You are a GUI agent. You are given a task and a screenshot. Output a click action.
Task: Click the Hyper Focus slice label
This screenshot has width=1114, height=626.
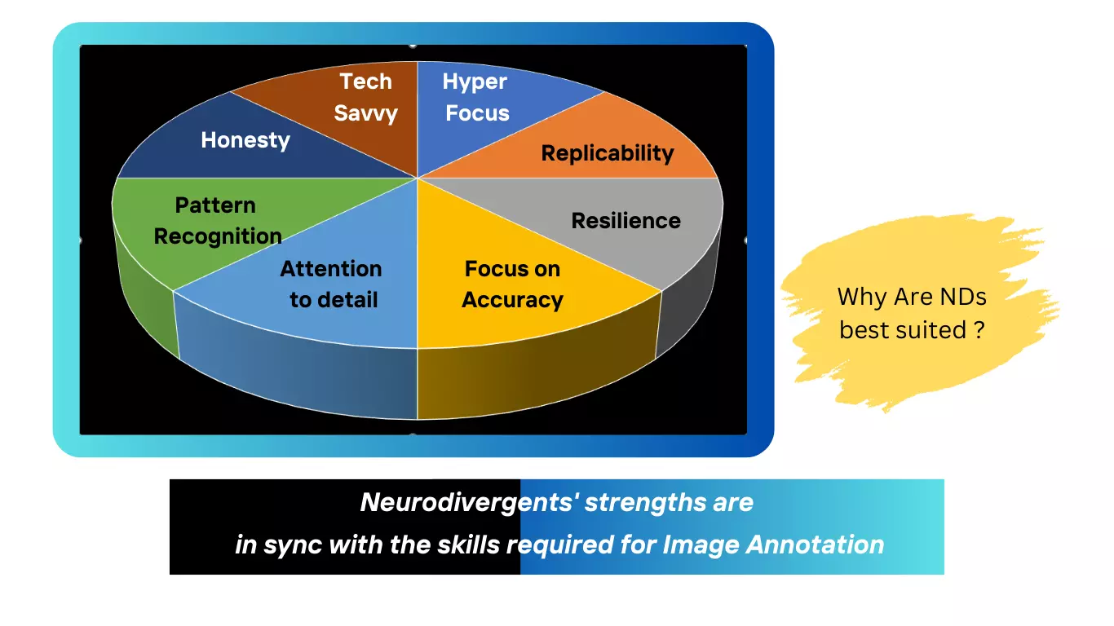[476, 97]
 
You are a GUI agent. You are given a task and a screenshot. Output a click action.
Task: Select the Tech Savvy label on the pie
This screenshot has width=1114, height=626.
[366, 97]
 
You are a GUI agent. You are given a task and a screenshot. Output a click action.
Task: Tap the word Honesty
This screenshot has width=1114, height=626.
[245, 140]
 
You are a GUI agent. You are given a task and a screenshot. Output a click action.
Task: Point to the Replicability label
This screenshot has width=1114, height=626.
[608, 153]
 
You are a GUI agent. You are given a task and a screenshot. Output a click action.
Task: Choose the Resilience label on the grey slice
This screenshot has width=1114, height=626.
[626, 221]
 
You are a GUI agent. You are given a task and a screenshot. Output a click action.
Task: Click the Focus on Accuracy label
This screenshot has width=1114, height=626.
[512, 284]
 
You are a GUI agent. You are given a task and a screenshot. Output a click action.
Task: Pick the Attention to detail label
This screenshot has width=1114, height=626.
[332, 284]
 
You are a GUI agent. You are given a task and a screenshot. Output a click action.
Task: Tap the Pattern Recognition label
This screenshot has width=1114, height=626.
[217, 221]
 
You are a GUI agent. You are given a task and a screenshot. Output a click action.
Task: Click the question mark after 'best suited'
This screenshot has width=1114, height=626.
[979, 330]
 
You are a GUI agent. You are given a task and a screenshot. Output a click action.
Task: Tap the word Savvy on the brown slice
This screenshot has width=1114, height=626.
[365, 113]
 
